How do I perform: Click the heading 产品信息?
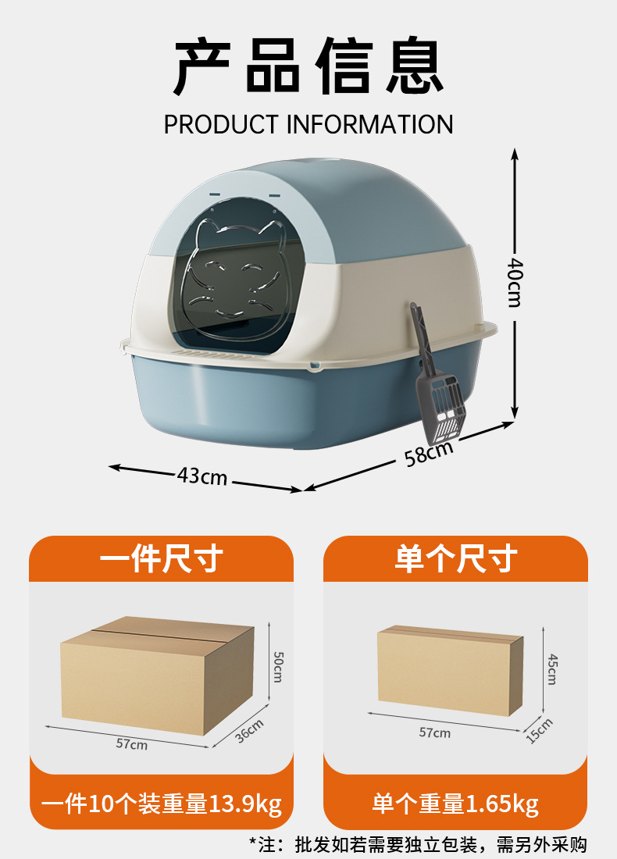[308, 68]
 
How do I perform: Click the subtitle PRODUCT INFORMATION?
[308, 124]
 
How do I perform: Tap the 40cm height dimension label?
[514, 282]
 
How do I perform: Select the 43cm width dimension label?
[202, 474]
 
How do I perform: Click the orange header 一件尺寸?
[162, 559]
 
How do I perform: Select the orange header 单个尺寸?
[455, 559]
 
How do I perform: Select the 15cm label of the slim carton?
[539, 729]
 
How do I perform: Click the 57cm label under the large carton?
[132, 744]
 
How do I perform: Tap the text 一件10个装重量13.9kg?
[162, 803]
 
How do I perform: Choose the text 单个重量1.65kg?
[455, 803]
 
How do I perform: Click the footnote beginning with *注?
[418, 844]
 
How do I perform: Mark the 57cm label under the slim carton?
[434, 732]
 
